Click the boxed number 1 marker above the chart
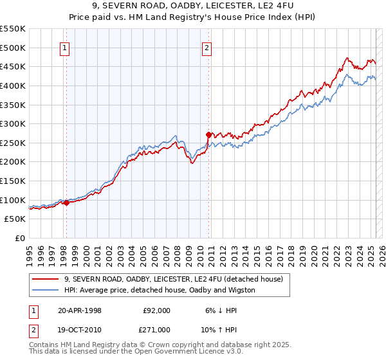[x=66, y=47]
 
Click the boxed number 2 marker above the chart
[x=207, y=47]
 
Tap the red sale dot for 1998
[x=66, y=203]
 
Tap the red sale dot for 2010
[x=208, y=135]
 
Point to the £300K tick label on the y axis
[x=12, y=123]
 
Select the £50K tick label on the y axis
[x=15, y=219]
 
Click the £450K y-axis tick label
[x=12, y=66]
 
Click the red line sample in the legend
[x=44, y=279]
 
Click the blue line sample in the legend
[x=44, y=290]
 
